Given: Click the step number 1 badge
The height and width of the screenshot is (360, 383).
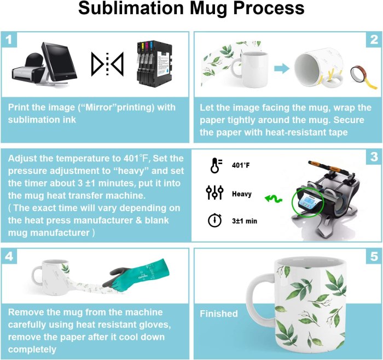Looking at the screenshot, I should [x=9, y=39].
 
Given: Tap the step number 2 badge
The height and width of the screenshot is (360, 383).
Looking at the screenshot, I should [x=374, y=39].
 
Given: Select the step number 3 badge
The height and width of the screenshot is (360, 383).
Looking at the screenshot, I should [x=374, y=157].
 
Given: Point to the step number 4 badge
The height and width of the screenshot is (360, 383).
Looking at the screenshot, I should [x=9, y=255].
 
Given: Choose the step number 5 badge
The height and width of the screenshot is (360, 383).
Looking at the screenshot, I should [x=374, y=255].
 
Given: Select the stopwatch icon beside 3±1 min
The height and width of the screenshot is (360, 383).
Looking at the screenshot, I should [x=214, y=220].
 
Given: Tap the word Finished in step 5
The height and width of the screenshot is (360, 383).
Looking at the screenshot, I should [x=218, y=313].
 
